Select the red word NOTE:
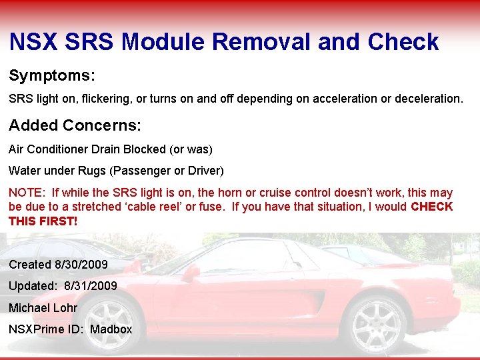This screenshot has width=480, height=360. coord(27,192)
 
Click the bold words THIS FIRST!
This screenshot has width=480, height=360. coord(43,221)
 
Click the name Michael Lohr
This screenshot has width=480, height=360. coord(43,307)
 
